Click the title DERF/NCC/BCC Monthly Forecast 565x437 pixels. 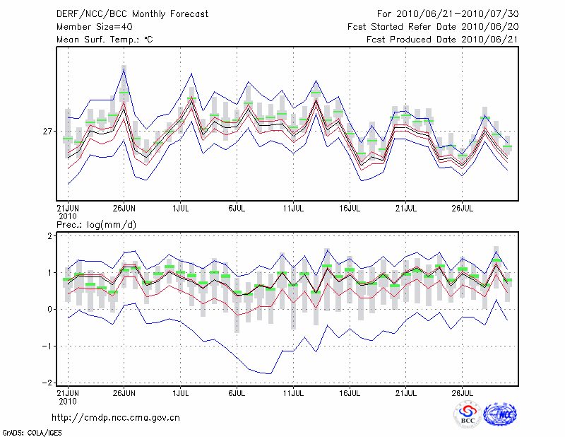tap(132, 14)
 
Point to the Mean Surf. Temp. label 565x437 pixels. tap(104, 40)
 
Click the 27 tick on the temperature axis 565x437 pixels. tap(47, 132)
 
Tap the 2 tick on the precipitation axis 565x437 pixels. tap(49, 235)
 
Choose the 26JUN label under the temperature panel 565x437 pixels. tap(124, 209)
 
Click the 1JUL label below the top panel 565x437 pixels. tap(181, 209)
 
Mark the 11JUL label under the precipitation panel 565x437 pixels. tap(293, 391)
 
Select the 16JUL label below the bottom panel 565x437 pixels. tap(350, 391)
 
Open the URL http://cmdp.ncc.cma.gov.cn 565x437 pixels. tap(116, 417)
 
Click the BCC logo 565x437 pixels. tap(468, 415)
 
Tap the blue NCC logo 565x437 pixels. tap(499, 415)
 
